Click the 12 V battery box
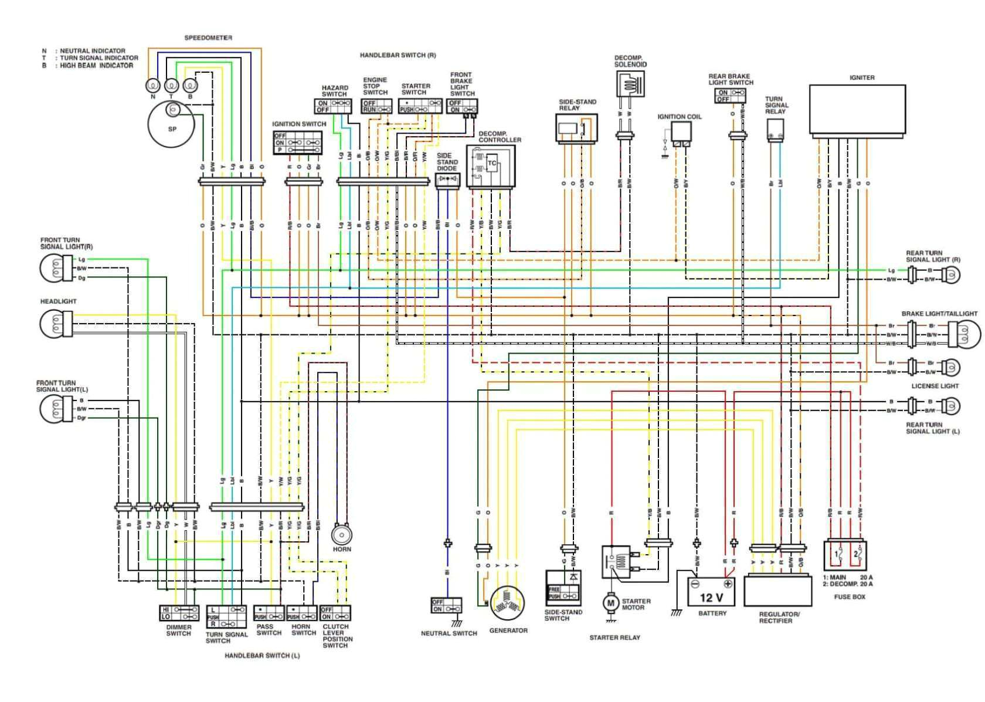pyautogui.click(x=711, y=592)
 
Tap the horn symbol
pyautogui.click(x=341, y=534)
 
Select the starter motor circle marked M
pyautogui.click(x=610, y=603)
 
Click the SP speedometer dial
pyautogui.click(x=171, y=125)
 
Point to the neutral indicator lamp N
pyautogui.click(x=152, y=86)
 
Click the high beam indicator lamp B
pyautogui.click(x=190, y=86)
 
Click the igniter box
pyautogui.click(x=861, y=109)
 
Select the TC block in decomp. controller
pyautogui.click(x=491, y=164)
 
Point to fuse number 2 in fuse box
pyautogui.click(x=856, y=554)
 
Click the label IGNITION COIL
pyautogui.click(x=679, y=117)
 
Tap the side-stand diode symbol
pyautogui.click(x=448, y=178)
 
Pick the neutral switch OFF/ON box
pyautogui.click(x=446, y=605)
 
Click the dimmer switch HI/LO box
pyautogui.click(x=179, y=613)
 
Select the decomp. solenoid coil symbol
pyautogui.click(x=630, y=84)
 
